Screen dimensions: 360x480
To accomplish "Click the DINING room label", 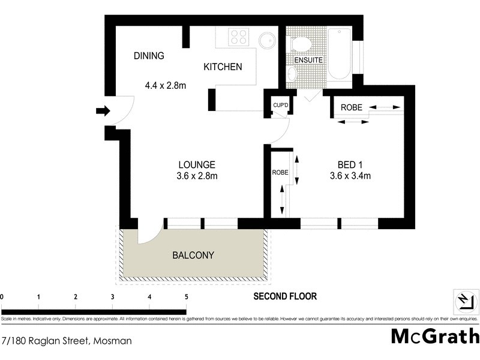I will click(148, 56).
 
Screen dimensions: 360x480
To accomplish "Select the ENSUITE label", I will click(308, 61).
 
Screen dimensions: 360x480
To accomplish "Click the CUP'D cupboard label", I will click(280, 105).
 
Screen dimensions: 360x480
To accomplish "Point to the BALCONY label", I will click(193, 255).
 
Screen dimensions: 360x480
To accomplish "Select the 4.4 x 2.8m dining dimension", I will click(166, 85).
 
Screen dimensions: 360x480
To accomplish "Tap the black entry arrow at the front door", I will click(103, 110).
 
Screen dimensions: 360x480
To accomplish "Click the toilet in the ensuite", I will click(300, 43).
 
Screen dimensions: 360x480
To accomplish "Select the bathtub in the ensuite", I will click(340, 54).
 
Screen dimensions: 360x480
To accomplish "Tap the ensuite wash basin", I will click(292, 74).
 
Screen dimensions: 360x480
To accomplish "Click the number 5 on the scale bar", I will click(187, 297).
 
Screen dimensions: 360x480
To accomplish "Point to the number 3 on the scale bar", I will click(112, 297).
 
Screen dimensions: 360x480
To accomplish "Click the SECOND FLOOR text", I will click(284, 296).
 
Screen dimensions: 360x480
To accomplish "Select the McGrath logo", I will click(435, 335).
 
